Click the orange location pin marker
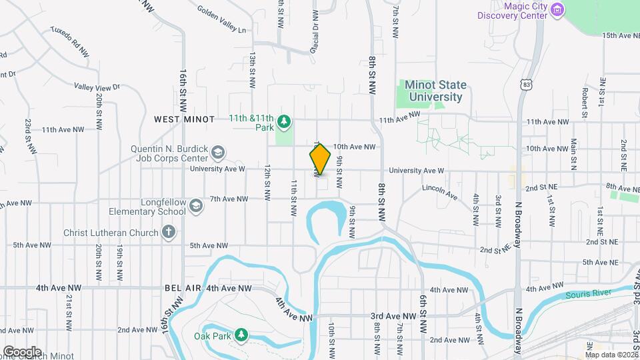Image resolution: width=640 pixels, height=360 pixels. point(320,159)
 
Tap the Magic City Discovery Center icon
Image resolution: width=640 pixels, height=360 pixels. point(559,10)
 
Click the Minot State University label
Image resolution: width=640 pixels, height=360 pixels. point(435,91)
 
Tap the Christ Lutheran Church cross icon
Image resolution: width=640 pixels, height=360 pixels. point(169,233)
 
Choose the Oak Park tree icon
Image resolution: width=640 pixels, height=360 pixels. point(242,335)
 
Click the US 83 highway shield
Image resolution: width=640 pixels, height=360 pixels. point(527,85)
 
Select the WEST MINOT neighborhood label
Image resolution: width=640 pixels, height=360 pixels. point(184,119)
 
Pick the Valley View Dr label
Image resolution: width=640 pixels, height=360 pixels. point(97,87)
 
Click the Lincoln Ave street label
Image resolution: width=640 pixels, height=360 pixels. point(439,192)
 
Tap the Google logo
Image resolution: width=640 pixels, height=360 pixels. point(22,351)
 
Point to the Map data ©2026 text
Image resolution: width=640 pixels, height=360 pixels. point(612,355)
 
